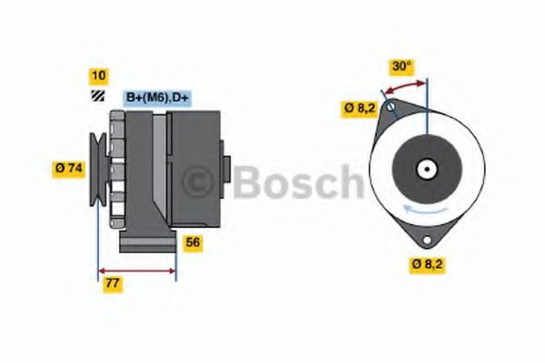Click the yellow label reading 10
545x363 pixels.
point(97,75)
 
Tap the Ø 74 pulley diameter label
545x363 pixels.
point(68,168)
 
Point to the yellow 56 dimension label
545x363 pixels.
point(193,242)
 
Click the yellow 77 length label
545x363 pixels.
point(112,283)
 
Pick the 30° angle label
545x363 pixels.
point(401,66)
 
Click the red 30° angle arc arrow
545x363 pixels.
point(404,87)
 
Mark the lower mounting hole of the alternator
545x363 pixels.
point(425,237)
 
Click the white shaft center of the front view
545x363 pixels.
point(424,169)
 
